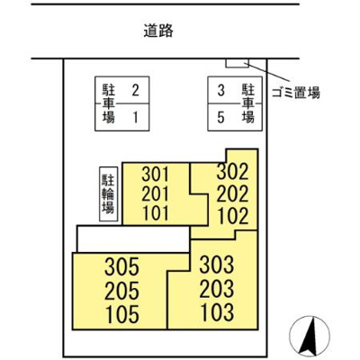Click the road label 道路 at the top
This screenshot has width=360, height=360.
pos(157,31)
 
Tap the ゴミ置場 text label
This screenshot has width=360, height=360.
pos(294,91)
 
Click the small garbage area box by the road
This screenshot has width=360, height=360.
pos(236,63)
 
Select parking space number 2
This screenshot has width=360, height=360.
pos(135,89)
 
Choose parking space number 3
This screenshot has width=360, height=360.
pos(220,89)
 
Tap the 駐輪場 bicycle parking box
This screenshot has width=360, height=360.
pos(107,193)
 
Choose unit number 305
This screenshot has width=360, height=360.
pos(123,266)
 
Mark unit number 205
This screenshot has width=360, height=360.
pos(123,291)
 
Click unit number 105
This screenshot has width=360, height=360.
pos(123,315)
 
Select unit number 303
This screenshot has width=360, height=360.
pos(216,265)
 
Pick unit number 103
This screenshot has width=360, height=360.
pos(216,313)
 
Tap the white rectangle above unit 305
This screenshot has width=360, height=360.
pos(133,238)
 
